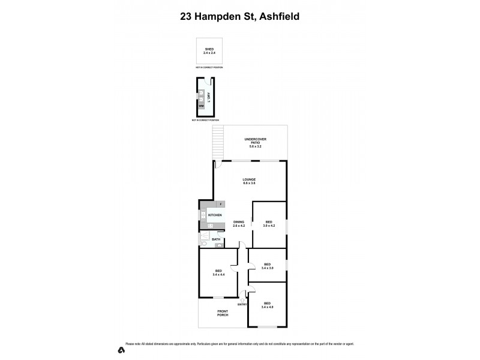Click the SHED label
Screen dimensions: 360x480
coord(209,49)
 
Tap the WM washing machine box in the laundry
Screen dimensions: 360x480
coord(202,106)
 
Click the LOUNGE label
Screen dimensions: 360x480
coord(250,179)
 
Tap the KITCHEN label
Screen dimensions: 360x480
coord(215,215)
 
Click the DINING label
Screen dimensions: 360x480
coord(239,222)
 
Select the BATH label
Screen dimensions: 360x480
coord(215,240)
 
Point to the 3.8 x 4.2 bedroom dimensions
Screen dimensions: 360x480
coord(269,226)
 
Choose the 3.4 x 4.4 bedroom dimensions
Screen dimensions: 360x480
coord(218,275)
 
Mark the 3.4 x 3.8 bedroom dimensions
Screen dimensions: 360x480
coord(267,268)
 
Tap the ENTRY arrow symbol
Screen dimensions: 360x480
coord(243,300)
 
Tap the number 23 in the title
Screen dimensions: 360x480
coord(187,17)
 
